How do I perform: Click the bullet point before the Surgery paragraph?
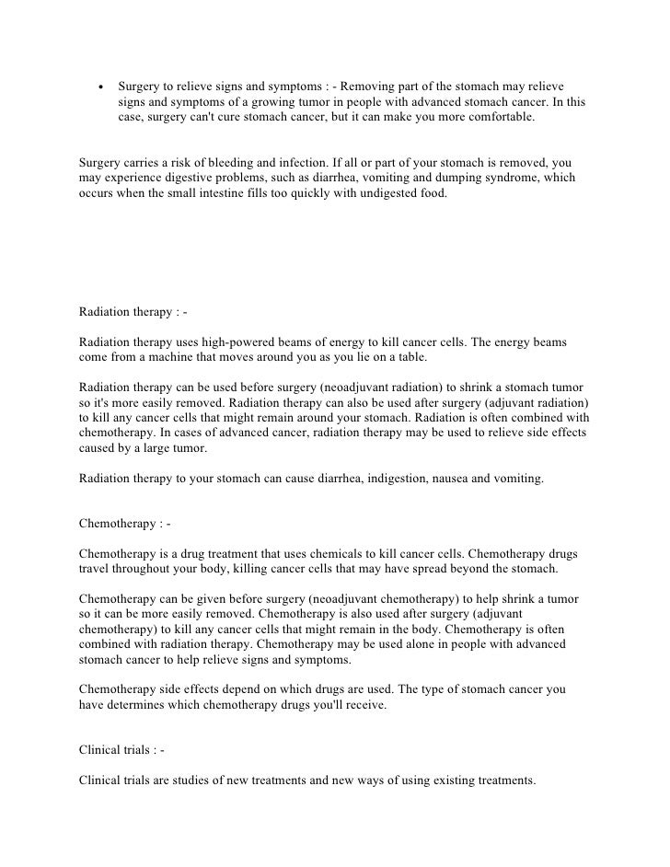pos(99,86)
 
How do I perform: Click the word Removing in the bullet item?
pos(374,86)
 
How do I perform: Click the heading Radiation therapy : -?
pos(133,311)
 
